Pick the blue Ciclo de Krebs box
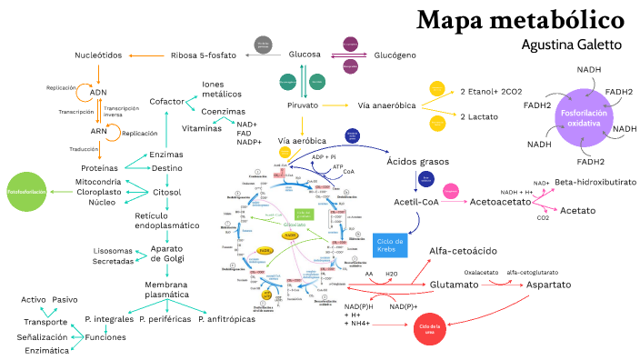pos(390,245)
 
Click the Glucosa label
pos(305,55)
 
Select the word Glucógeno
pos(395,55)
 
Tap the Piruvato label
pos(302,105)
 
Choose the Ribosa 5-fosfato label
pos(204,55)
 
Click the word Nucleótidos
pos(98,55)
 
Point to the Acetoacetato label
pos(499,201)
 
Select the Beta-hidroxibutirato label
pos(595,182)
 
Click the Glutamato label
pos(454,285)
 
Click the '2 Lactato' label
pos(477,117)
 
